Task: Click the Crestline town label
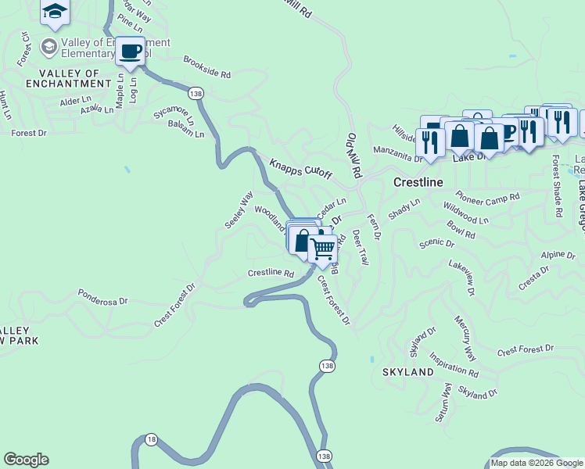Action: click(418, 182)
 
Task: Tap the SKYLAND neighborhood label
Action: click(407, 372)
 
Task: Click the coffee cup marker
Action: click(130, 52)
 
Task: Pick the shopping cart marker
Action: click(322, 249)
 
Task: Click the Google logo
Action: click(26, 460)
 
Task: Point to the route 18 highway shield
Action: click(151, 440)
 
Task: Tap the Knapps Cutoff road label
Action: click(301, 168)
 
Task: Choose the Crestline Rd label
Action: click(271, 274)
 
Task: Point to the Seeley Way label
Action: click(239, 209)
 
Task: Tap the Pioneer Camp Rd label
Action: click(488, 197)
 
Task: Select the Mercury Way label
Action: click(465, 338)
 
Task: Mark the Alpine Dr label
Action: click(558, 256)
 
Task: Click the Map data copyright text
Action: click(537, 463)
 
